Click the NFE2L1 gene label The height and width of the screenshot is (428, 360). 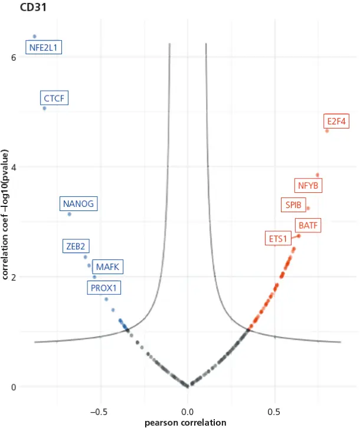coord(44,48)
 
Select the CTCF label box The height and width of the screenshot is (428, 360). coord(54,98)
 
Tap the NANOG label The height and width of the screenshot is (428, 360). coord(78,204)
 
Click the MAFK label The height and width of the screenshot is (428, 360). coord(107,267)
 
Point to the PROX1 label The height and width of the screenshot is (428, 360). coord(104,288)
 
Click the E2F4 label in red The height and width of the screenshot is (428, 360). coord(338,122)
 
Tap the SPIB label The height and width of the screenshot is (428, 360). coord(293,205)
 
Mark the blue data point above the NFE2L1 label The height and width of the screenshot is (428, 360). coord(34,37)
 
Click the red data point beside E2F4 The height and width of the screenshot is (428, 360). coord(327,130)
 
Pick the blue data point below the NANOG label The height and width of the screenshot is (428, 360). coord(70,214)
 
